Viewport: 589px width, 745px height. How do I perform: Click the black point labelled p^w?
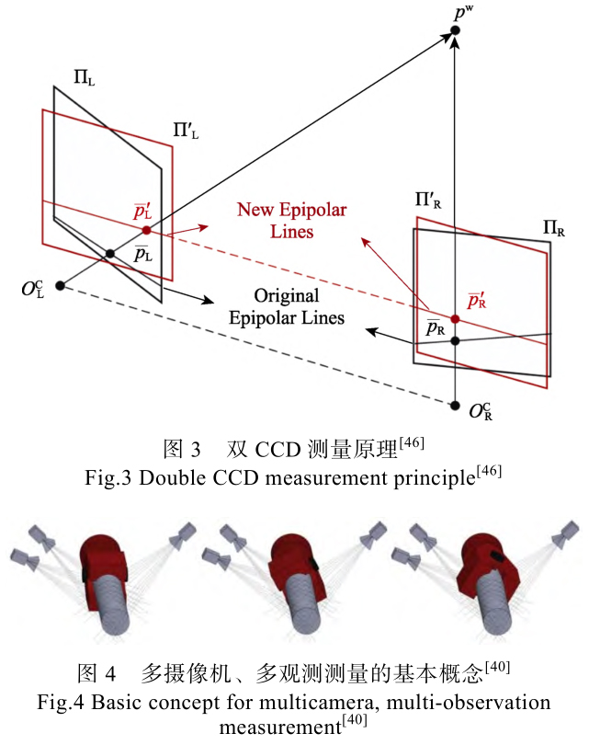pyautogui.click(x=456, y=33)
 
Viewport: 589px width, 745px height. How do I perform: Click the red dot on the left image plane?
pyautogui.click(x=146, y=230)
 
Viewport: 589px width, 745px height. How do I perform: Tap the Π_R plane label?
pyautogui.click(x=553, y=227)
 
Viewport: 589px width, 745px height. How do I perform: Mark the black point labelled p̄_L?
pyautogui.click(x=109, y=253)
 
